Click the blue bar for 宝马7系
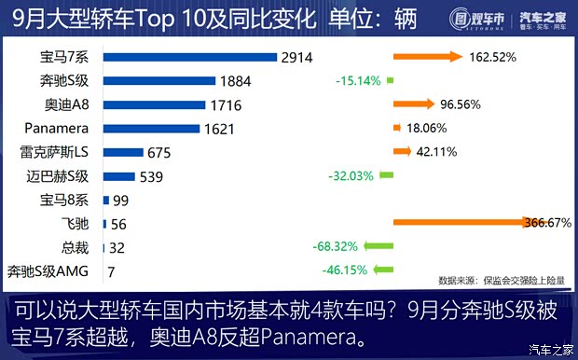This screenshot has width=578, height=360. (190, 57)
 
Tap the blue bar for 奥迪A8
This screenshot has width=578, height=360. (155, 104)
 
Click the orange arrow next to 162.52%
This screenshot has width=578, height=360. (428, 57)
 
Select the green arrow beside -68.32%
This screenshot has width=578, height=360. (378, 247)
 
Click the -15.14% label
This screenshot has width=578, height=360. (358, 81)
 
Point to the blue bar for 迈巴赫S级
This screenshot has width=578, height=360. (118, 176)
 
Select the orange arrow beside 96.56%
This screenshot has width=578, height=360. (414, 104)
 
